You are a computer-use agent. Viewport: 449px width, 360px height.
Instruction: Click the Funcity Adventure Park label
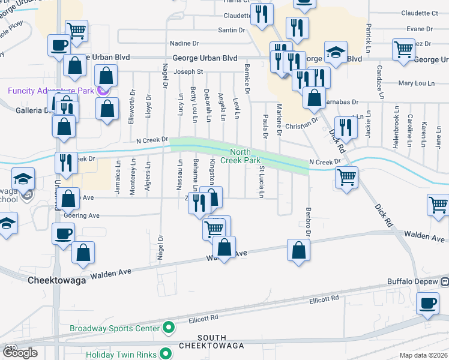(x=51, y=91)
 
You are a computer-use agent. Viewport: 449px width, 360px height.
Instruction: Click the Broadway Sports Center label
(x=116, y=328)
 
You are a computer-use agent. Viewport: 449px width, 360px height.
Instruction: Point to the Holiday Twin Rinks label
(x=121, y=354)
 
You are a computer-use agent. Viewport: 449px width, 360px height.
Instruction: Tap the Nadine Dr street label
(x=184, y=43)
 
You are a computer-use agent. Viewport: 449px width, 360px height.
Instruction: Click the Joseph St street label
(x=188, y=71)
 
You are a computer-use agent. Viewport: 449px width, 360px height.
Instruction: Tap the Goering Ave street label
(x=85, y=215)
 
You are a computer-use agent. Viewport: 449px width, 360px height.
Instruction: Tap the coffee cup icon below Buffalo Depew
(x=427, y=304)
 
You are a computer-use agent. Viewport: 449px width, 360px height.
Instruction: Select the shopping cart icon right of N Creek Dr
(x=346, y=178)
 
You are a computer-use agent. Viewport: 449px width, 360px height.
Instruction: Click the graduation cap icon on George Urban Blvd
(x=336, y=53)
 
